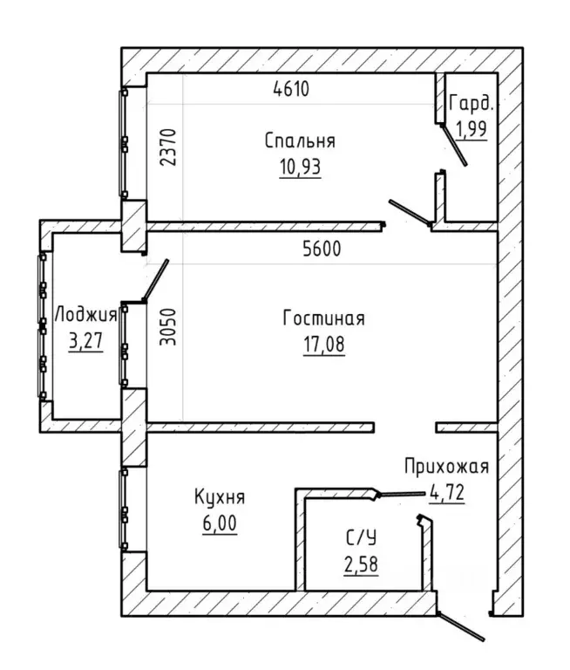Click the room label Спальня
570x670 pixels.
(300, 141)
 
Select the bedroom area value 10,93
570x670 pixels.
(300, 167)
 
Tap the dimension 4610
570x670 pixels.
(291, 89)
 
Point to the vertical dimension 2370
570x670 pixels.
(168, 147)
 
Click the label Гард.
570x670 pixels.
(472, 105)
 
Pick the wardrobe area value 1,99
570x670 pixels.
(472, 128)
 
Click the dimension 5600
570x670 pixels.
(322, 249)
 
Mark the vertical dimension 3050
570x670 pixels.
(168, 327)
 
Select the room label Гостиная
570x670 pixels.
(324, 318)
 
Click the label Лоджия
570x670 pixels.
(85, 315)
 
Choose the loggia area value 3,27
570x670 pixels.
(85, 341)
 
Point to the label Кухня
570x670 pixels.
(220, 497)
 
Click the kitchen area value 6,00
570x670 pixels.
(220, 523)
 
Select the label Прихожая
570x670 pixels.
(446, 466)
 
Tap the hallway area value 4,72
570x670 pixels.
(447, 493)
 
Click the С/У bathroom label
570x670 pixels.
(361, 538)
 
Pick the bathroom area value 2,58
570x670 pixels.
(361, 564)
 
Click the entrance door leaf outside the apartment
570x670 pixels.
(460, 627)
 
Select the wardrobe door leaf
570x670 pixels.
(454, 145)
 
